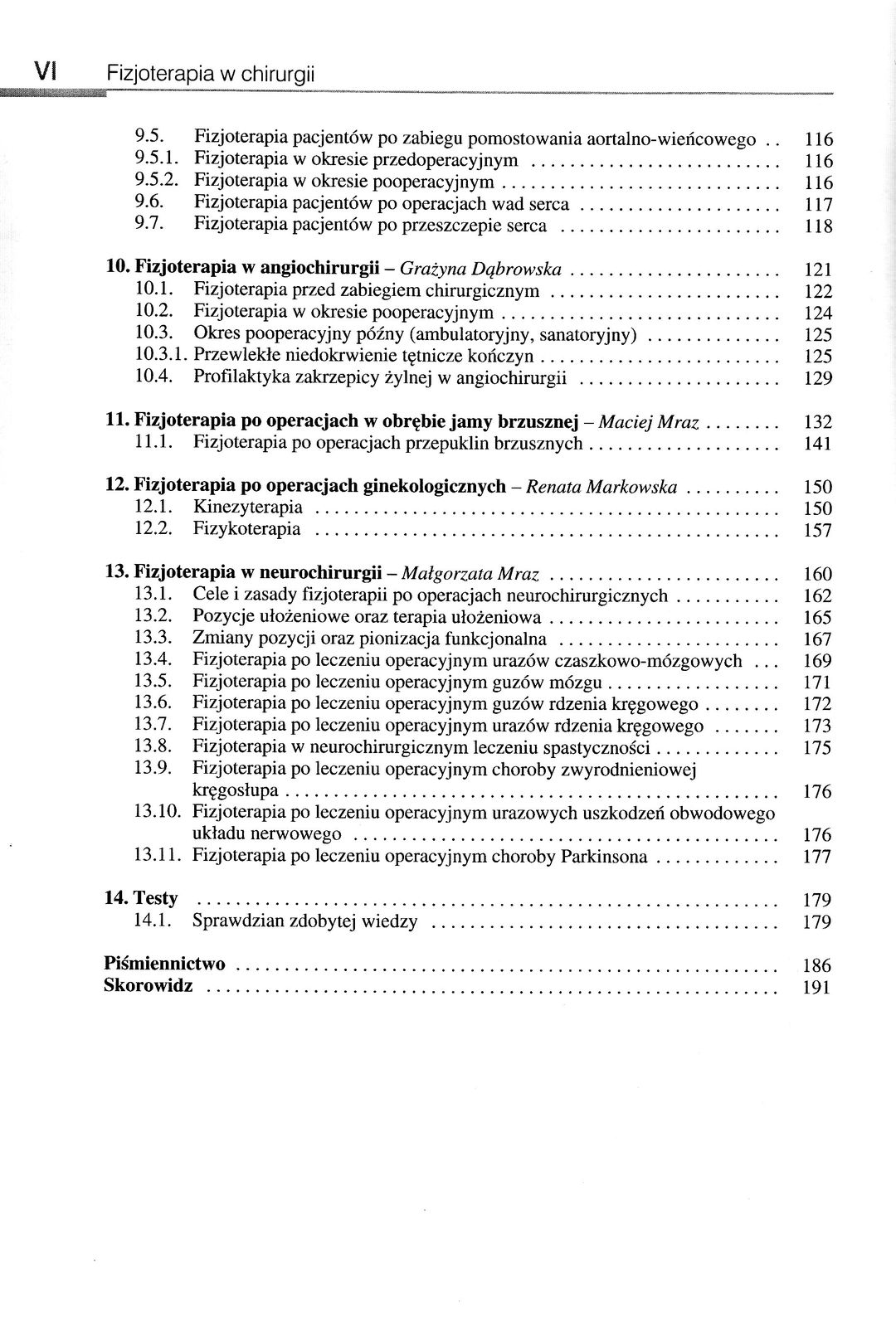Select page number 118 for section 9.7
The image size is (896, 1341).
[x=818, y=226]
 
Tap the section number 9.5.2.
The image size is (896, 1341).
[x=157, y=182]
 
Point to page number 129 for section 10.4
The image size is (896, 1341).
[x=818, y=379]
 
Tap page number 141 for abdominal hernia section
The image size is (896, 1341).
[x=818, y=444]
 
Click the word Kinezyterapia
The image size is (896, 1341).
[x=247, y=508]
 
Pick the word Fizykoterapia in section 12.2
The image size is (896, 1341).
[x=246, y=529]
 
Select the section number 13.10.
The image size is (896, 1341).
[x=157, y=811]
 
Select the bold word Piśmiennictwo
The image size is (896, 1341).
[x=165, y=964]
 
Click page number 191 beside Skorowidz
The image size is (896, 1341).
[x=817, y=987]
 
